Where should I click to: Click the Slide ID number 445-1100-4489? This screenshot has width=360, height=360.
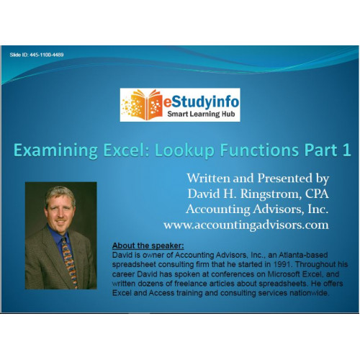[x=47, y=55]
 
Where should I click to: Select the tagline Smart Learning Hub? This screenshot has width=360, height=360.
[x=201, y=114]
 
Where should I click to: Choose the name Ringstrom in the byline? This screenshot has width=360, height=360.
[x=271, y=194]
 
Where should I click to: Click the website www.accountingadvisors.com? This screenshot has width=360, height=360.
[x=246, y=225]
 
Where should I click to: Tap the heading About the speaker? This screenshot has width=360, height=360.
[x=148, y=246]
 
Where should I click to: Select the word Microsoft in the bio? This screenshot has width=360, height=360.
[x=284, y=274]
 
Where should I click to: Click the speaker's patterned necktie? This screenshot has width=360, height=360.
[x=70, y=261]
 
